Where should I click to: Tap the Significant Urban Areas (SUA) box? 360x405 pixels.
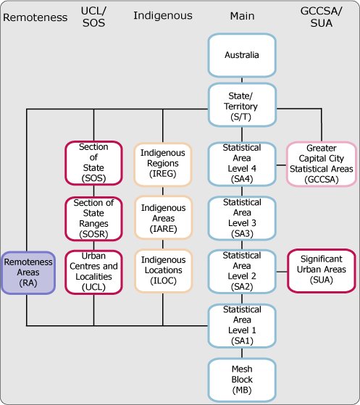coord(320,271)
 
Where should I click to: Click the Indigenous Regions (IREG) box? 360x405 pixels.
coord(163,163)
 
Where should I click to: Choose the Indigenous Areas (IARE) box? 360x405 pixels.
coord(163,217)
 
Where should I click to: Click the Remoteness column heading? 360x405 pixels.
coord(31,15)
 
